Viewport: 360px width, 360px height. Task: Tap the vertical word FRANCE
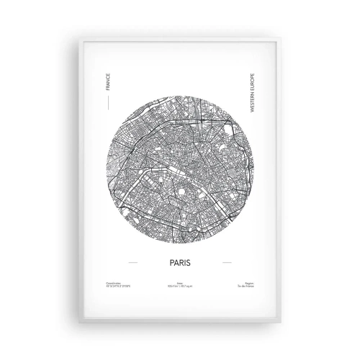click(108, 86)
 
